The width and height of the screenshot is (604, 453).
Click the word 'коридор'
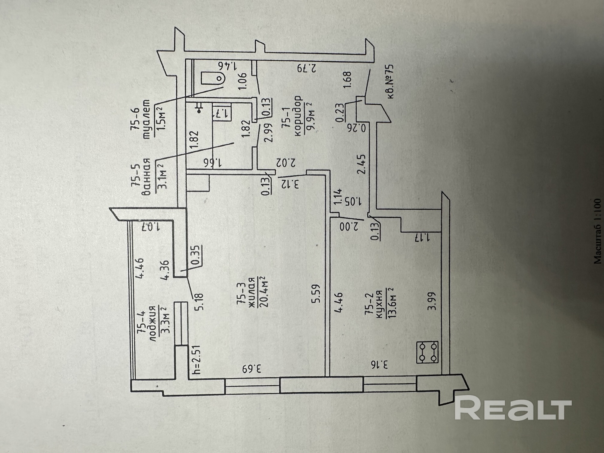pos(298,112)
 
